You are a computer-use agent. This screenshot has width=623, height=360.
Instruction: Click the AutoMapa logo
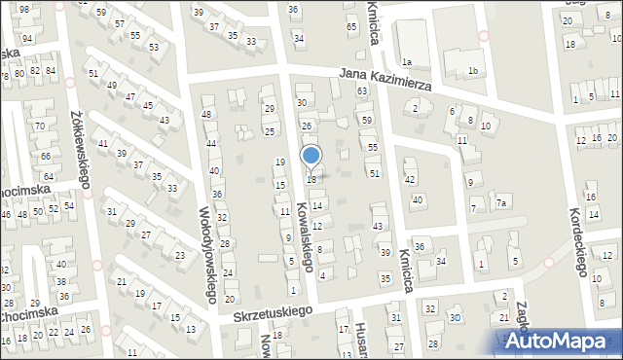pos(560,342)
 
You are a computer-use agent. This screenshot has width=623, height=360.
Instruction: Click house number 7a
pos(501,203)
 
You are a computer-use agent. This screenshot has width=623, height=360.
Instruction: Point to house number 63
pos(362,90)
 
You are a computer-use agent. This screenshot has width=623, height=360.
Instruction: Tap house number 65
pos(351,26)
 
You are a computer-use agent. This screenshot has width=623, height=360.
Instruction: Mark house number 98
pos(24,8)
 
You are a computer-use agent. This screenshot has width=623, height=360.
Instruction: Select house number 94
pos(28,38)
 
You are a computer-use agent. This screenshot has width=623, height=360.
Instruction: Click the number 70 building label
pos(40,126)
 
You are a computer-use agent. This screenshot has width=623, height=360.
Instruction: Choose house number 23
pos(179,255)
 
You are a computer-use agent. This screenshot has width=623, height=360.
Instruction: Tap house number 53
pos(153,47)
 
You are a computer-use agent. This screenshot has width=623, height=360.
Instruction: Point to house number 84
pos(50,70)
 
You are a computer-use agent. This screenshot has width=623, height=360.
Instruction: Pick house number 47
pos(129,95)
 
